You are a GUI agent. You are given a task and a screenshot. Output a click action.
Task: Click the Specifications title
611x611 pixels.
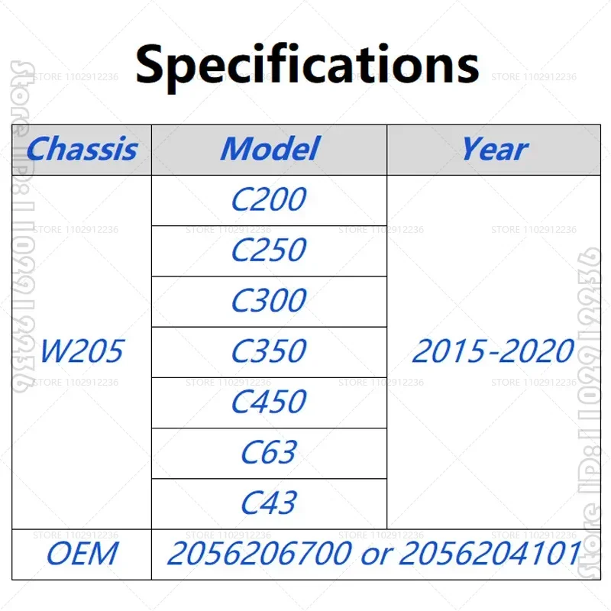[306, 64]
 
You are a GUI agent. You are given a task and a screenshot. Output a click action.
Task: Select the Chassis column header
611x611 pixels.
[82, 149]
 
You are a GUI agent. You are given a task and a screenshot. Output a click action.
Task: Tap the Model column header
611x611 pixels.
[269, 149]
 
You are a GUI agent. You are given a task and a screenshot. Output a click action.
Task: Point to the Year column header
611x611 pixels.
[494, 149]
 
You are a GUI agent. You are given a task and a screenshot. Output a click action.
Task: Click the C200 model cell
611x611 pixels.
[269, 200]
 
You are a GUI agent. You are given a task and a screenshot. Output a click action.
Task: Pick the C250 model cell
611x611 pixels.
[269, 251]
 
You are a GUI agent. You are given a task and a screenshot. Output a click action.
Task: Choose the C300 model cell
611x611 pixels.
[269, 301]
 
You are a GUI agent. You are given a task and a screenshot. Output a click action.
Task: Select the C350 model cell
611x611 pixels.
[269, 351]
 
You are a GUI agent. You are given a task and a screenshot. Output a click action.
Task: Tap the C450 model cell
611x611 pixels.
[269, 402]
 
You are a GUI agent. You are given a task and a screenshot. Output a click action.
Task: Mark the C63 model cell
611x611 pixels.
[269, 453]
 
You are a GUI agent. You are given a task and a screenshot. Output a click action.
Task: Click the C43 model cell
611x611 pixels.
[269, 503]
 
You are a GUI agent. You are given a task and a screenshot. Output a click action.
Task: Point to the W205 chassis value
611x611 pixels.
[82, 351]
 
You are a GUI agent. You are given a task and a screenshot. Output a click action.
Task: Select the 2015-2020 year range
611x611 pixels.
[493, 351]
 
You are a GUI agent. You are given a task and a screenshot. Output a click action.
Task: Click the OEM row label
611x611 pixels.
[82, 554]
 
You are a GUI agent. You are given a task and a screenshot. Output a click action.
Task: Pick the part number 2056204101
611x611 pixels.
[490, 554]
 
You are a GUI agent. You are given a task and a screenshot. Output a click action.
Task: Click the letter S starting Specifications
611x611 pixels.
[152, 65]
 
